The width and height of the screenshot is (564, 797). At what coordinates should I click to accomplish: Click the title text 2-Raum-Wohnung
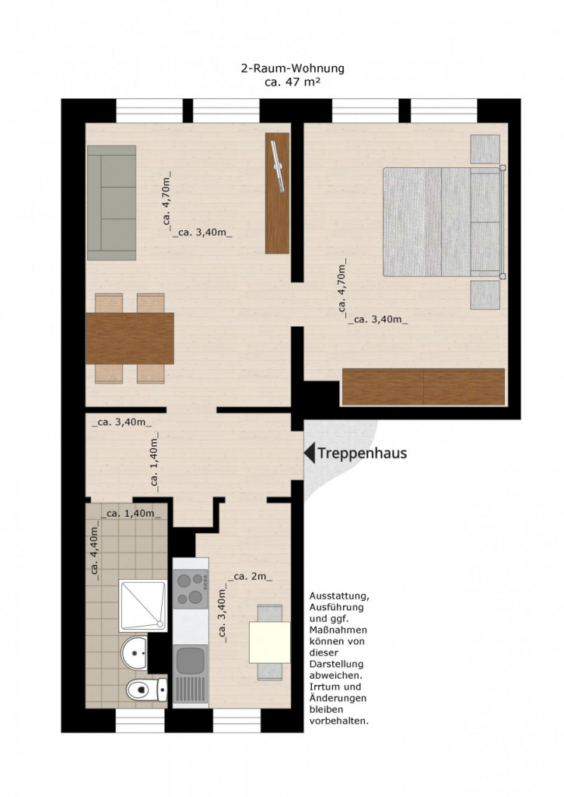[x=293, y=68]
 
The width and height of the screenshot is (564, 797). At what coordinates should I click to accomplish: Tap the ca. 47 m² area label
[x=293, y=82]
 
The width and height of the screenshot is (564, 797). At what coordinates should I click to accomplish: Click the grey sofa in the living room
[x=112, y=203]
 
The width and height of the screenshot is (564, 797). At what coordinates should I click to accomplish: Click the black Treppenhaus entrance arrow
[x=309, y=452]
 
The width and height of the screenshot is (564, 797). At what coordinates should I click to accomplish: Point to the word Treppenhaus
[x=363, y=453]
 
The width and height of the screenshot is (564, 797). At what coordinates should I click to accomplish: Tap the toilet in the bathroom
[x=146, y=690]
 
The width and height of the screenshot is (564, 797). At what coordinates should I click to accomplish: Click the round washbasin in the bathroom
[x=134, y=653]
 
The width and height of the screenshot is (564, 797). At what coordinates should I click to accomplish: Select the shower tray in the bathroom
[x=143, y=606]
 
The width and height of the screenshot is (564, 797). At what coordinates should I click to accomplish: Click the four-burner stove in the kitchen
[x=191, y=589]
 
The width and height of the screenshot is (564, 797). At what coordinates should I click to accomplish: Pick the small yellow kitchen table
[x=269, y=642]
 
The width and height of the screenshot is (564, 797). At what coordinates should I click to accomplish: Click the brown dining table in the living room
[x=130, y=339]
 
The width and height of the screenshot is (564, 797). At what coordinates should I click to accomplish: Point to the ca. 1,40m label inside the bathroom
[x=131, y=514]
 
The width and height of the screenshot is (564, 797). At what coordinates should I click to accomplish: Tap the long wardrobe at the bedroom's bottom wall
[x=424, y=387]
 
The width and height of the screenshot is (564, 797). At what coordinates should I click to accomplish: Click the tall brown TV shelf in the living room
[x=278, y=193]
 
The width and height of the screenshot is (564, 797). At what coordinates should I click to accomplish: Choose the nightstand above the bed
[x=485, y=149]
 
